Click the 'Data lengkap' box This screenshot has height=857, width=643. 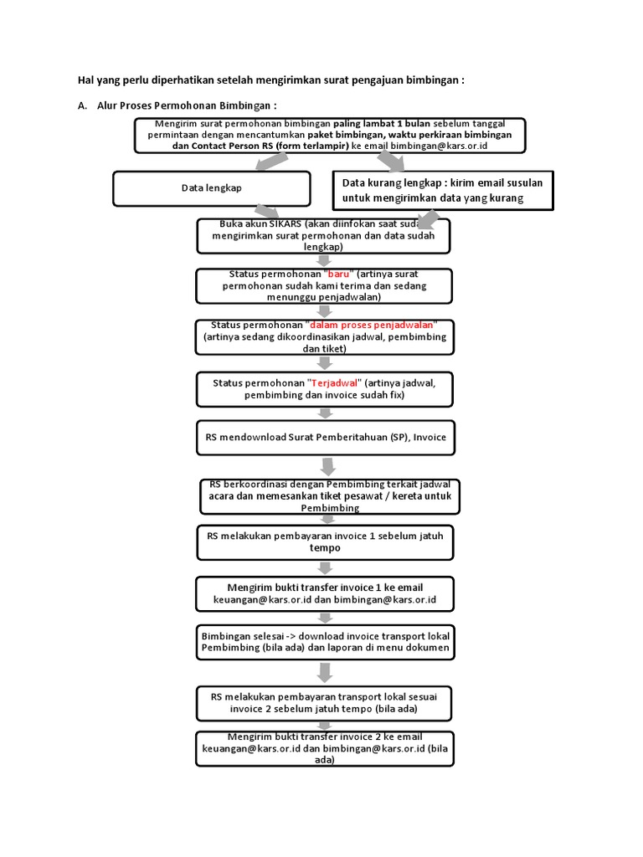(x=211, y=188)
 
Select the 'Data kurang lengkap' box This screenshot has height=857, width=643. (x=443, y=190)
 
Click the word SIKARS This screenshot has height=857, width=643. (x=282, y=223)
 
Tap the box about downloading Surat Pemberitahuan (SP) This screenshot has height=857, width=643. (x=326, y=438)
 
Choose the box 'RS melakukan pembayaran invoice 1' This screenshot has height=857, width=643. (x=326, y=541)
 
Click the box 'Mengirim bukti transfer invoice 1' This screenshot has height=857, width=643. (x=326, y=593)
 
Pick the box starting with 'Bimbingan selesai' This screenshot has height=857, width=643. (x=326, y=641)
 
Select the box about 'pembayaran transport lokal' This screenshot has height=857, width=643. (x=326, y=703)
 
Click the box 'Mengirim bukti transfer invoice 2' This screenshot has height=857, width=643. (x=326, y=748)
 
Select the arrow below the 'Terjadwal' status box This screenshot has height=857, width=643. (x=326, y=413)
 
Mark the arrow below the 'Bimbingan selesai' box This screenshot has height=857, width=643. (x=326, y=673)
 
